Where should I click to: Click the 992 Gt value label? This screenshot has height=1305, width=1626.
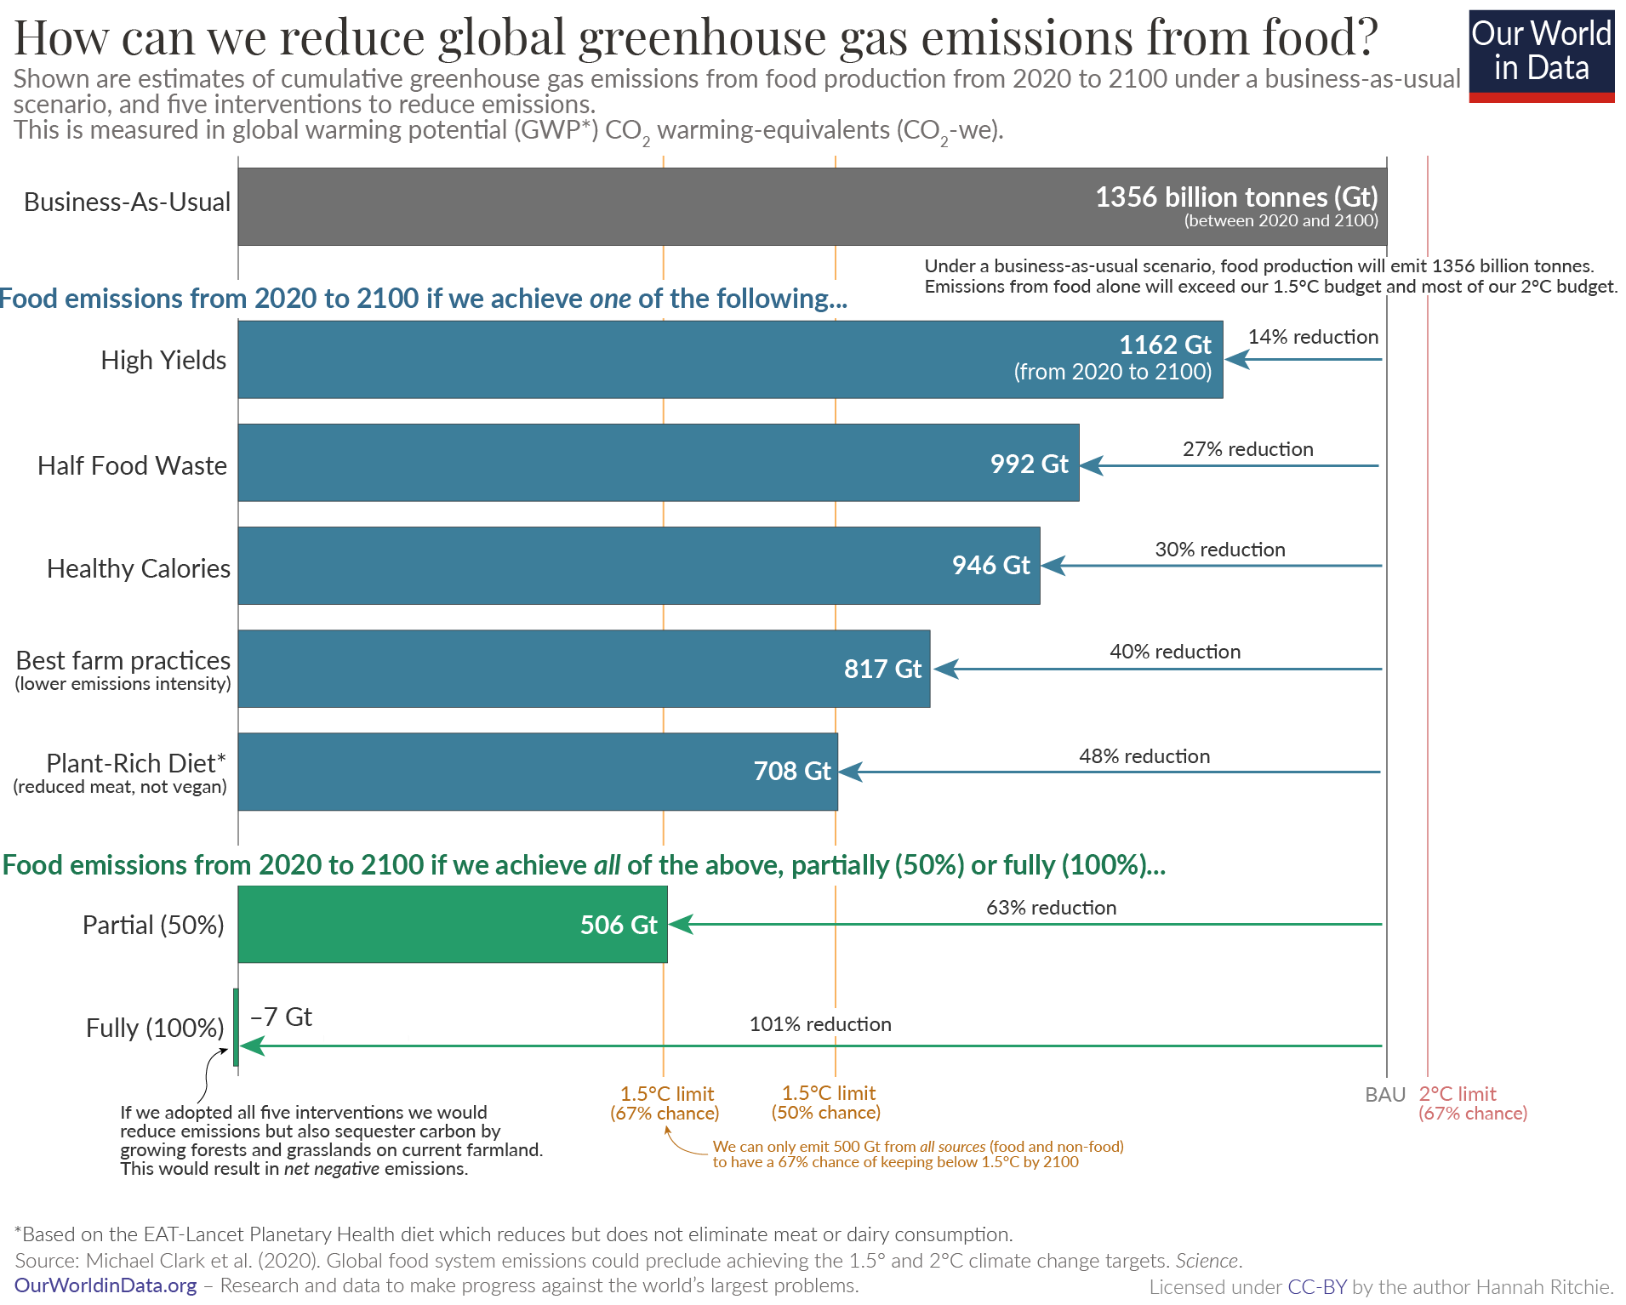(1029, 464)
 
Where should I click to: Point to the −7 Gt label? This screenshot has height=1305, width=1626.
(281, 1017)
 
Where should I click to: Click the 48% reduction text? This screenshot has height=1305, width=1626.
(1144, 756)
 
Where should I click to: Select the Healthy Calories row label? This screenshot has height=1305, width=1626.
(138, 568)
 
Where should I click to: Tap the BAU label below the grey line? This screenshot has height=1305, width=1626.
(1384, 1095)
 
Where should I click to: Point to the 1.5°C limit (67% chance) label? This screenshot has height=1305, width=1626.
(665, 1103)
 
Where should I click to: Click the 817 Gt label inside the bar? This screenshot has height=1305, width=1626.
(882, 669)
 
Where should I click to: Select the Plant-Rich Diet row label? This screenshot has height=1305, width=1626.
(135, 763)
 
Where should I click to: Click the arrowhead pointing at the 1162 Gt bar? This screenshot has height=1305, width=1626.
(1236, 360)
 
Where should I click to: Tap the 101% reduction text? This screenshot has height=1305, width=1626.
(819, 1024)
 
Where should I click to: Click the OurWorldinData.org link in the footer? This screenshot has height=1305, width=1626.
(106, 1285)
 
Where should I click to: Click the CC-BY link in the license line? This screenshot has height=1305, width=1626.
(1317, 1287)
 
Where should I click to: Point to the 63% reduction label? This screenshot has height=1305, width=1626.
(1051, 908)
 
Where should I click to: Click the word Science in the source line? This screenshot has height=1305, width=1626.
(1207, 1261)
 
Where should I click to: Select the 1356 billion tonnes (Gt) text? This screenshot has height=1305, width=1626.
(1235, 197)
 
